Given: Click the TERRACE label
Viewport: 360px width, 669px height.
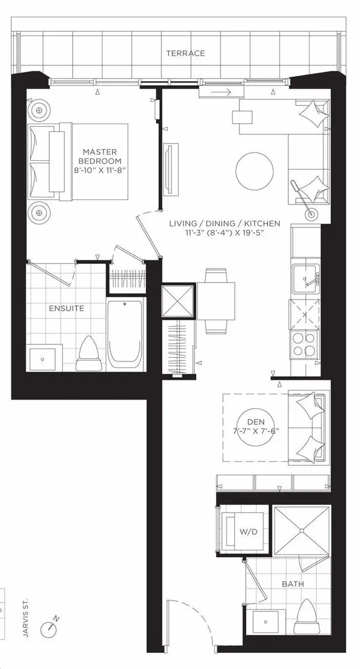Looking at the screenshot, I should coord(186,53).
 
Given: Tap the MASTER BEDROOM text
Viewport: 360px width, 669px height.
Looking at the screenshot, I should coord(103,157).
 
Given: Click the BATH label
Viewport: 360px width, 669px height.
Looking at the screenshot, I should coord(293,583).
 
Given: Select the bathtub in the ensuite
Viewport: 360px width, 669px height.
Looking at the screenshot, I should coord(125,333).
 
